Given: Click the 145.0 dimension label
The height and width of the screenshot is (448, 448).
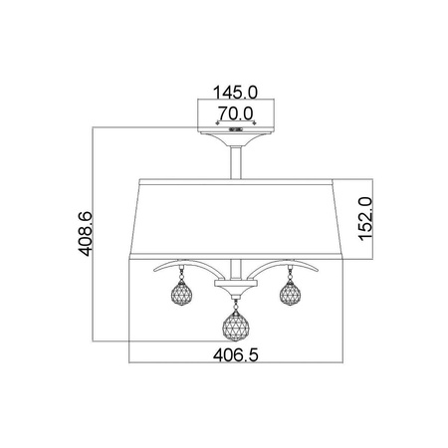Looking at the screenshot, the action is (235, 93).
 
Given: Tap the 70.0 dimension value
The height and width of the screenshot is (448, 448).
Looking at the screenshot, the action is (236, 113).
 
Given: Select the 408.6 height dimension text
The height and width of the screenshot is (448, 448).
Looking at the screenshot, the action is (85, 234).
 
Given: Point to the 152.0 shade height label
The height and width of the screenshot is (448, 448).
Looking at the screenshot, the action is (365, 218).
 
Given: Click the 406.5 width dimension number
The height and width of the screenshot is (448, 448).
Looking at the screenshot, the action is (235, 355).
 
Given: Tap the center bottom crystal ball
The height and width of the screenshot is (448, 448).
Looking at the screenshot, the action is (236, 327).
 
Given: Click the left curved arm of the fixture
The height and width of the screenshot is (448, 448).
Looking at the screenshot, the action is (186, 266).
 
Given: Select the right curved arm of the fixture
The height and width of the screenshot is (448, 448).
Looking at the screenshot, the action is (286, 266).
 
